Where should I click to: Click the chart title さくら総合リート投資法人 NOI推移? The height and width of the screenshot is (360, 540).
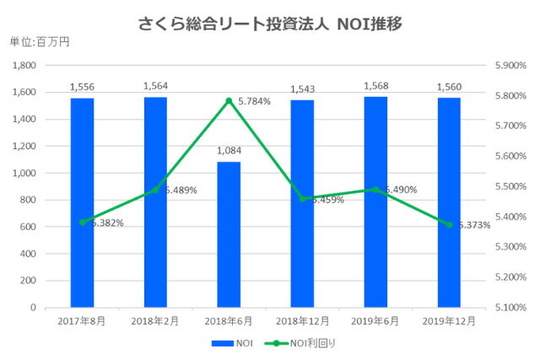coord(269,24)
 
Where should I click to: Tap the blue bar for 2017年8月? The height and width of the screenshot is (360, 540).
coord(82,202)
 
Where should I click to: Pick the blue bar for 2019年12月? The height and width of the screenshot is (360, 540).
coord(449,202)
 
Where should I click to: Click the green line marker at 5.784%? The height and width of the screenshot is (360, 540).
coord(229,101)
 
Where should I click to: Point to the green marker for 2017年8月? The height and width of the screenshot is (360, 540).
coord(82,223)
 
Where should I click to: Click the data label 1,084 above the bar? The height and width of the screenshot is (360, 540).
coord(229,151)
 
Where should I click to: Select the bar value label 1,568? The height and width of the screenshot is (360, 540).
coord(375,86)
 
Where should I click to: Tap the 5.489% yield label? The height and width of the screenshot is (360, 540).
coord(181,191)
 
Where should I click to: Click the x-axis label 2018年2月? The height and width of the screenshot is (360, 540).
coord(155,321)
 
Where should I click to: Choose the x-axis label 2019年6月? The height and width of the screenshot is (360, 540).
coord(375,321)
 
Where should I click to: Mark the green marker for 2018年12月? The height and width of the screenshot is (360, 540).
coord(302,199)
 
